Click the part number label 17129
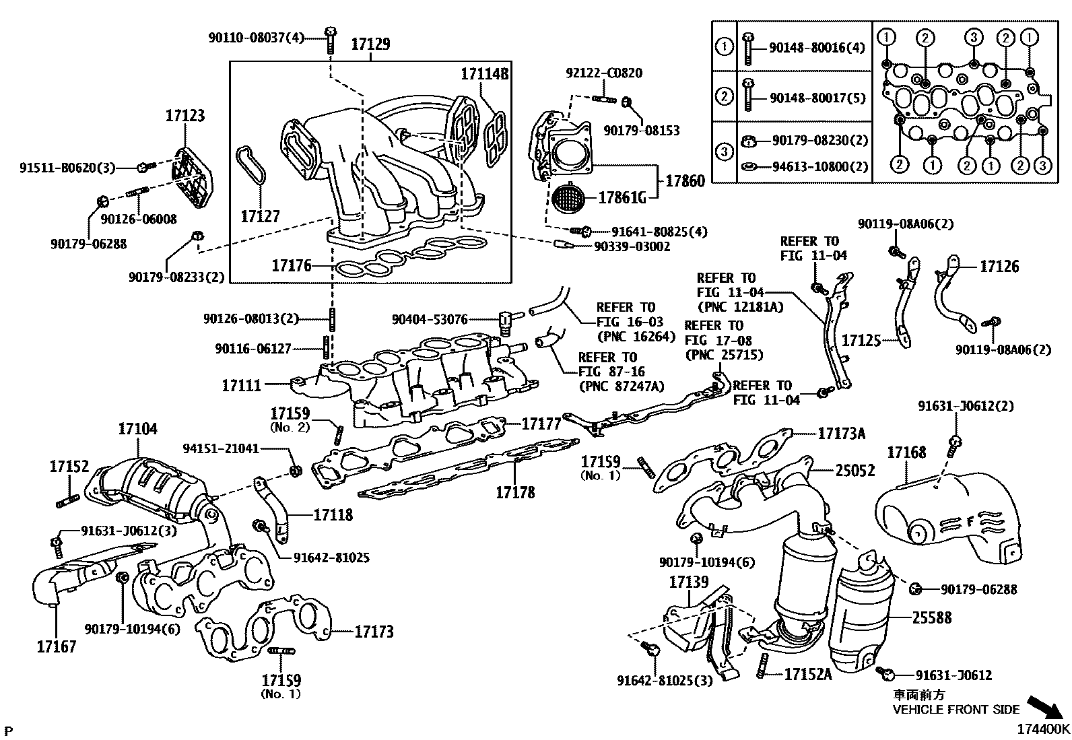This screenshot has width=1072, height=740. click(370, 44)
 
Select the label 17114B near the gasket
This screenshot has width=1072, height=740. click(484, 74)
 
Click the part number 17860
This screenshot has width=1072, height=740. click(685, 181)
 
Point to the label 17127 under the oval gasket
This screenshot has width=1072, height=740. click(260, 216)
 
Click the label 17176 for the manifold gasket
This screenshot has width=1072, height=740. click(292, 265)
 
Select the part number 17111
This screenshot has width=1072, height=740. click(241, 385)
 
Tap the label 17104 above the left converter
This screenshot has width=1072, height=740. click(137, 428)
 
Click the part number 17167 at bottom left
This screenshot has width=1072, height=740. click(57, 646)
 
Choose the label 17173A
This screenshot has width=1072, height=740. click(841, 434)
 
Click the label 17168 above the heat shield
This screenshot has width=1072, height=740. click(906, 452)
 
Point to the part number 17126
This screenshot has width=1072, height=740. click(999, 267)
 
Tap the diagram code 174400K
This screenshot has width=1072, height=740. click(1043, 729)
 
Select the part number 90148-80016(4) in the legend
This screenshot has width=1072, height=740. click(817, 47)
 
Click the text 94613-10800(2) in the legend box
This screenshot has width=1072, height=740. click(819, 166)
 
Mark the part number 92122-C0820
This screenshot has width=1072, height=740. click(603, 73)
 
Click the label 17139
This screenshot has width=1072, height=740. click(688, 581)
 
